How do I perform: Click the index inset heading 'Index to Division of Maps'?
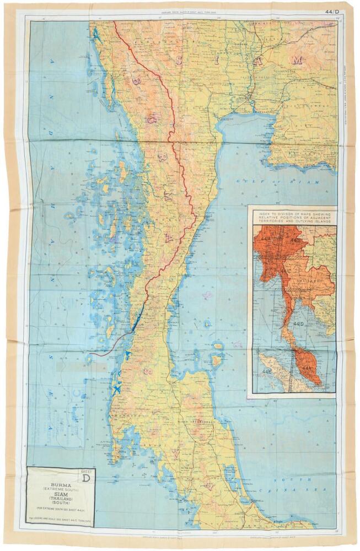coord(293,215)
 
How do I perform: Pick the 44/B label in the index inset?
coord(294,240)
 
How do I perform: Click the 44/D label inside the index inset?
coord(300,323)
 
